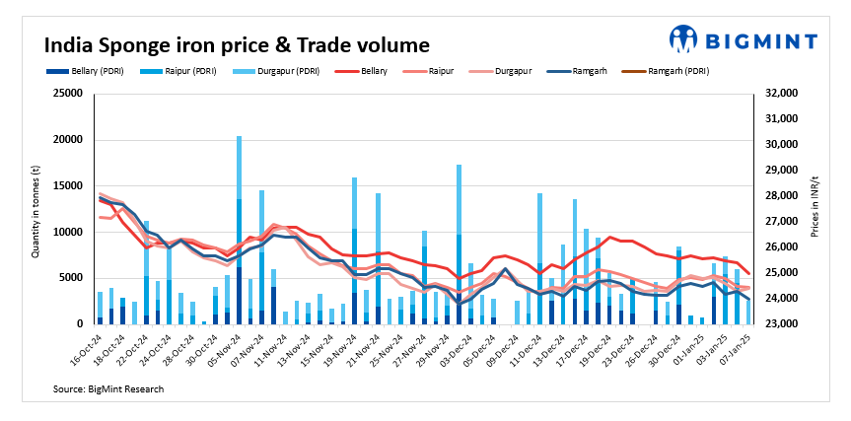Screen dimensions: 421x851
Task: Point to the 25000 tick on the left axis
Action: pos(68,93)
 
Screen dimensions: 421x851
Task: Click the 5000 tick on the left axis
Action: pos(71,277)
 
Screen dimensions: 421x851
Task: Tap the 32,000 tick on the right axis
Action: pos(779,93)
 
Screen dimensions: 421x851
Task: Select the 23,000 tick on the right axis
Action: pos(779,323)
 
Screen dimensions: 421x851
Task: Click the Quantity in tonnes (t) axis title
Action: pos(35,208)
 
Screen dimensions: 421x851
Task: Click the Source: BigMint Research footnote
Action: pos(108,389)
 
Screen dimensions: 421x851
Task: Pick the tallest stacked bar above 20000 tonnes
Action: pos(239,229)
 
